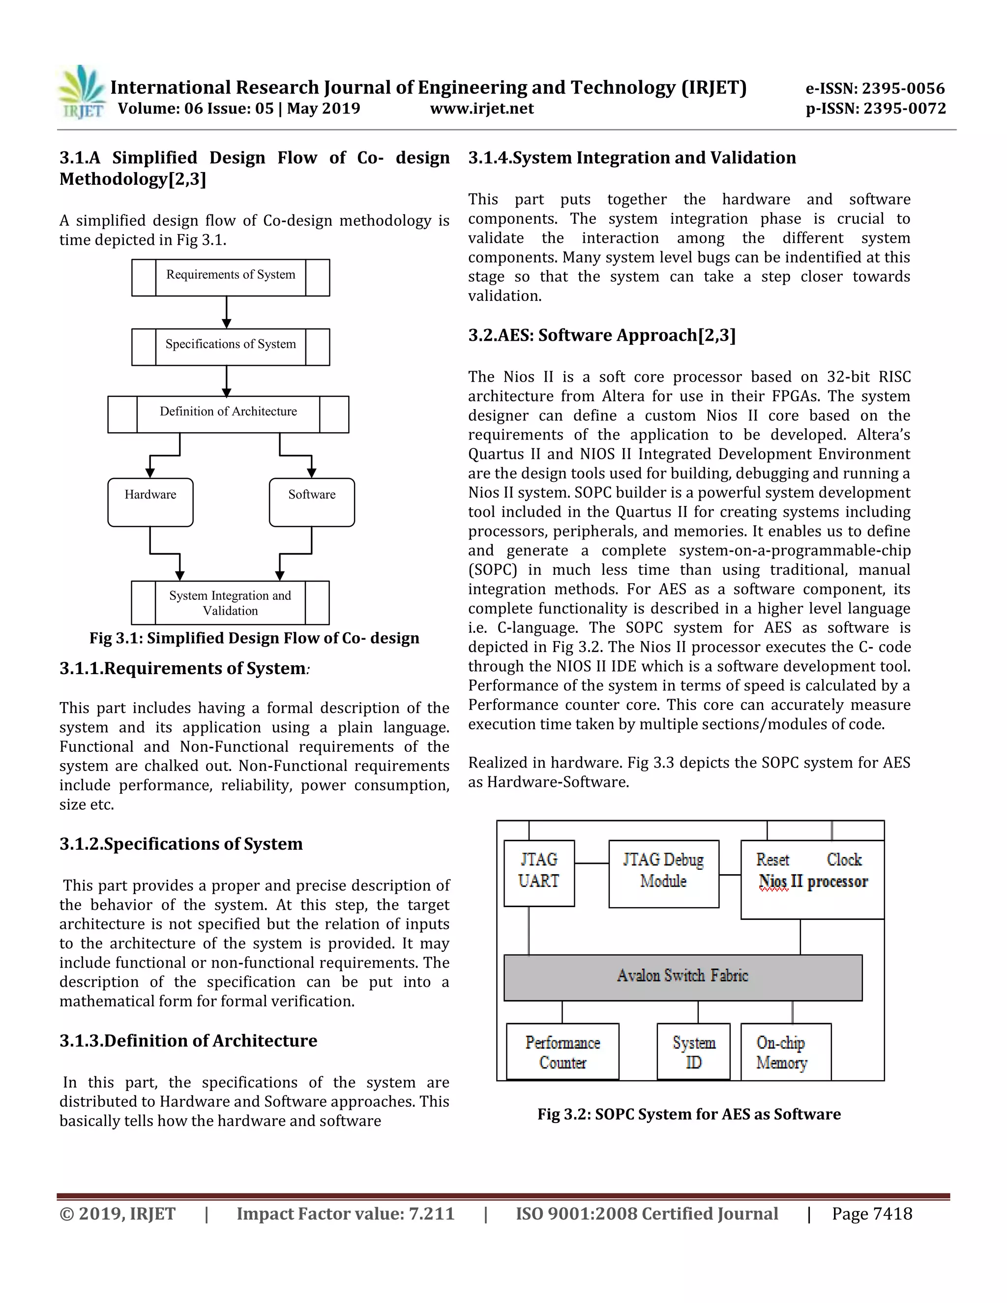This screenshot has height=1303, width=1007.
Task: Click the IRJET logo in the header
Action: pos(82,92)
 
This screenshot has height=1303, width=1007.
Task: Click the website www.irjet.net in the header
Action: pos(481,109)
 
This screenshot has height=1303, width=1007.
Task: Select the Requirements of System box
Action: pos(230,277)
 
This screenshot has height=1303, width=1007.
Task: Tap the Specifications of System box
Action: pos(230,347)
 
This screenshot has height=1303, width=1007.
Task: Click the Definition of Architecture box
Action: pos(228,414)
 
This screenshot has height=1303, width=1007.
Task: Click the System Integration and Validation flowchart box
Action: pos(230,603)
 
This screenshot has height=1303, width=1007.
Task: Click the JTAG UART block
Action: pos(539,873)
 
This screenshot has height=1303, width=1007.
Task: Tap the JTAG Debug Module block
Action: pos(663,873)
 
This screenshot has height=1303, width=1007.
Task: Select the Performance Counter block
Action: pos(562,1052)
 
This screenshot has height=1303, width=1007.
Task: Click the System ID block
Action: pos(693,1052)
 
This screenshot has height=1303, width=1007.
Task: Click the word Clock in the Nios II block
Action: pos(844,859)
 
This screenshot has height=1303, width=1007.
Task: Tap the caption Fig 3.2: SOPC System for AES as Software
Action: pos(688,1114)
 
